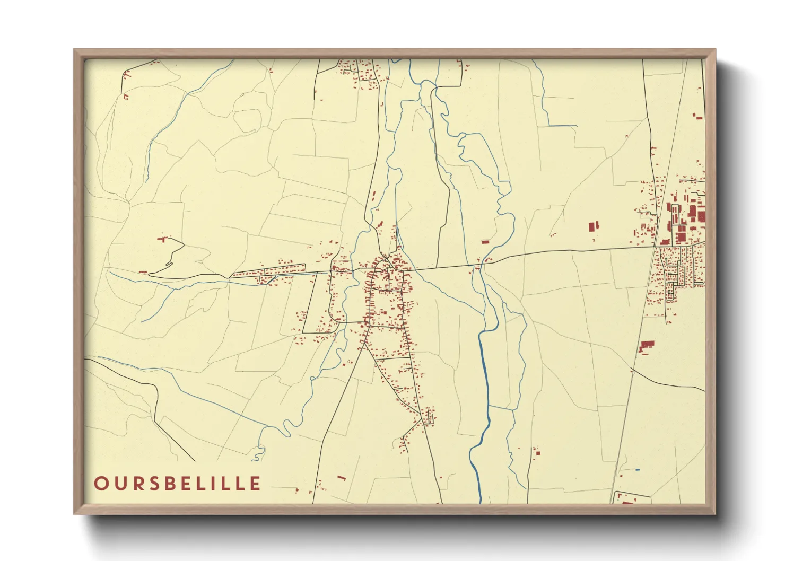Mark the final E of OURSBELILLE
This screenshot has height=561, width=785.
(x=256, y=484)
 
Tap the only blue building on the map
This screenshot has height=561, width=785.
(x=637, y=469)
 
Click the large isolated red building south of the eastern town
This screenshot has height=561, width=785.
(x=646, y=346)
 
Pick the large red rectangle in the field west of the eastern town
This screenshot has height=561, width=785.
(x=592, y=227)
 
